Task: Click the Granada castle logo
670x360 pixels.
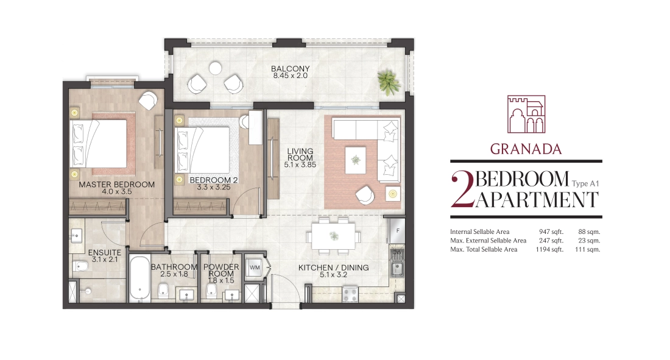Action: (x=526, y=114)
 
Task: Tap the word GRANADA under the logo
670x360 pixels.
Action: (x=526, y=149)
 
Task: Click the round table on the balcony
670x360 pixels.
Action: (x=216, y=68)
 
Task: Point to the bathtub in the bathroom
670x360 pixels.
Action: (x=139, y=278)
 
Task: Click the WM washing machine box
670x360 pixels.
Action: (x=255, y=267)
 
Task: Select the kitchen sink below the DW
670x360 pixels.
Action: (x=397, y=269)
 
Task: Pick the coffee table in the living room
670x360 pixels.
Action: (x=356, y=160)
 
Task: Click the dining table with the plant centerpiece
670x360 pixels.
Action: (x=334, y=236)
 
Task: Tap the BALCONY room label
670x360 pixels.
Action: (x=290, y=69)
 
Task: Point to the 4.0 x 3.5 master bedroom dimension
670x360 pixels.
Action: (x=117, y=191)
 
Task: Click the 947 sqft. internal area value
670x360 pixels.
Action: (x=551, y=231)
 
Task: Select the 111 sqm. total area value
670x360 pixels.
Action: (x=588, y=249)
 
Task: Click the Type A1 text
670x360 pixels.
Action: (x=585, y=184)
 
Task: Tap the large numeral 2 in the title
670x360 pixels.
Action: (x=462, y=190)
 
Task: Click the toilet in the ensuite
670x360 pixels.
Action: (x=80, y=267)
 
